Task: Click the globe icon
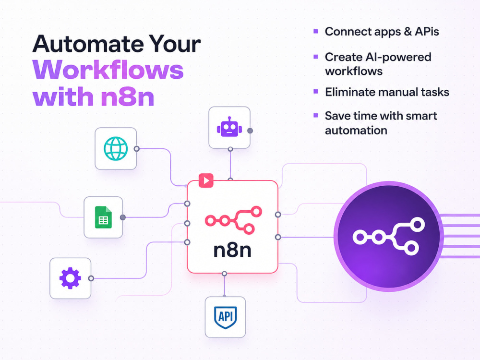coord(116,148)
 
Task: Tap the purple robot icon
coord(229,127)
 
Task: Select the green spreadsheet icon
coord(103,217)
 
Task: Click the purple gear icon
coord(70,278)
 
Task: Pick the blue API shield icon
coord(225,317)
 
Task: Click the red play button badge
coord(206,180)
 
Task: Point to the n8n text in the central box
coord(232,250)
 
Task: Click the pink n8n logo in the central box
coord(233,220)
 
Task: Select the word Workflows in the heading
coord(108,70)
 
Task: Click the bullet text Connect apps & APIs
coord(382,32)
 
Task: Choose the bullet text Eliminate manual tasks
coord(387,92)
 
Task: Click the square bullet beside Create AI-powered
coord(316,56)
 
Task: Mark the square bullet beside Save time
coord(316,115)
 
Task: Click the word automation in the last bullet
coord(356,131)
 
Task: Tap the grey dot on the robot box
coord(250,131)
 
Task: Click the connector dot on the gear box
coord(91,278)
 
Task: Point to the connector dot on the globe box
coord(136,149)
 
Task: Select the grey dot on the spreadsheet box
coord(123,217)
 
